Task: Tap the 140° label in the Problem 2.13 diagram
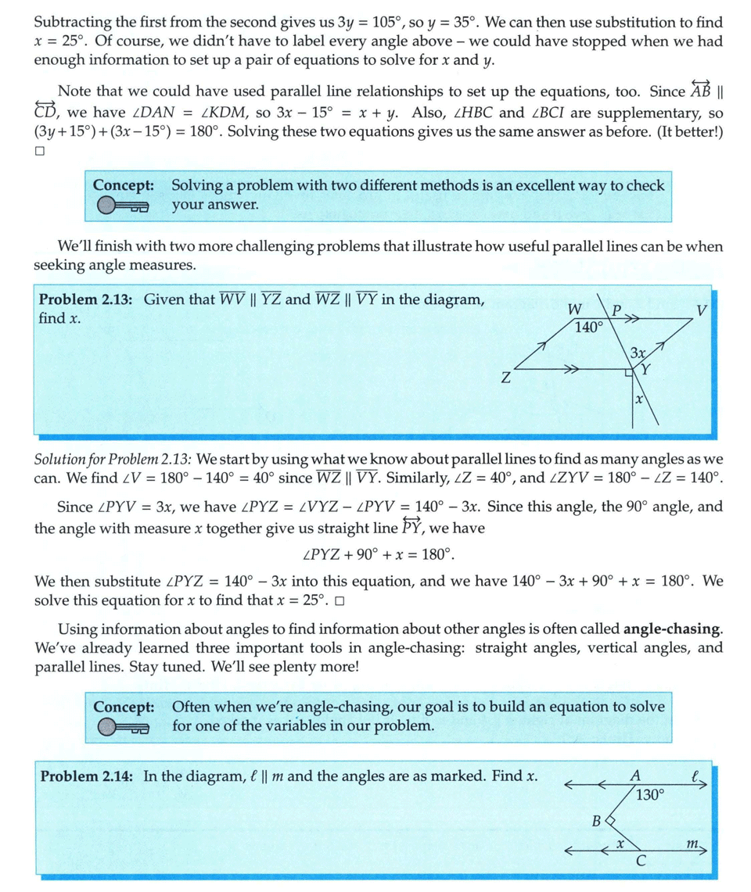(588, 328)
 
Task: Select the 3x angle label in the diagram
(638, 353)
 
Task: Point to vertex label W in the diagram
(575, 310)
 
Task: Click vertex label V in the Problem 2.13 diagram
(702, 310)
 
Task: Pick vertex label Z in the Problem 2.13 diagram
(506, 380)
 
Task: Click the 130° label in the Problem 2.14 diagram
(650, 795)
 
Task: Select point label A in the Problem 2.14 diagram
(635, 776)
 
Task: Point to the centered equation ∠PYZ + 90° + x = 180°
(377, 555)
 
